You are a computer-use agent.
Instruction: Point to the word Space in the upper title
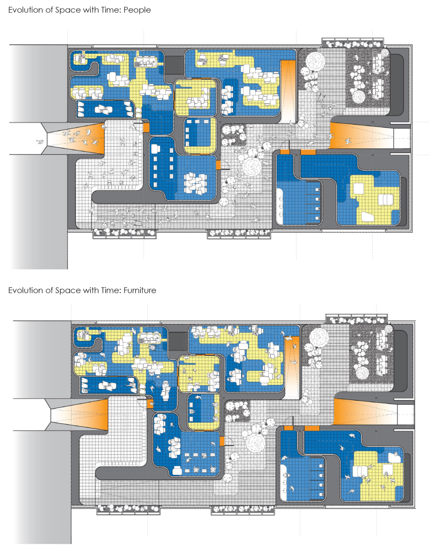(68, 10)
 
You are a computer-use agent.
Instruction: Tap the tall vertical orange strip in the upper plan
(288, 91)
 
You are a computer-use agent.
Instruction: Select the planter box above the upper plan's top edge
(353, 43)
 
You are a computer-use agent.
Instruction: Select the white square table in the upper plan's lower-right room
(359, 189)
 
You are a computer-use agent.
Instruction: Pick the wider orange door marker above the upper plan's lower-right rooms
(308, 152)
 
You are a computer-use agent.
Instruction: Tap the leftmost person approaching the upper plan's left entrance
(40, 142)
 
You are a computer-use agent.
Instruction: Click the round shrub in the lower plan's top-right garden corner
(388, 329)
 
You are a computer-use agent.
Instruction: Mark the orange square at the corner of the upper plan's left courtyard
(146, 127)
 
